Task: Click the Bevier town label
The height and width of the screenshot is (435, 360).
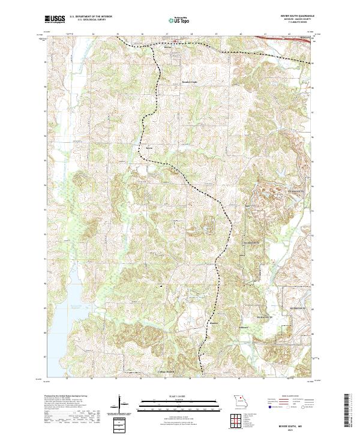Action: click(x=176, y=47)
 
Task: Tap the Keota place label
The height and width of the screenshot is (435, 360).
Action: click(x=150, y=148)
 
